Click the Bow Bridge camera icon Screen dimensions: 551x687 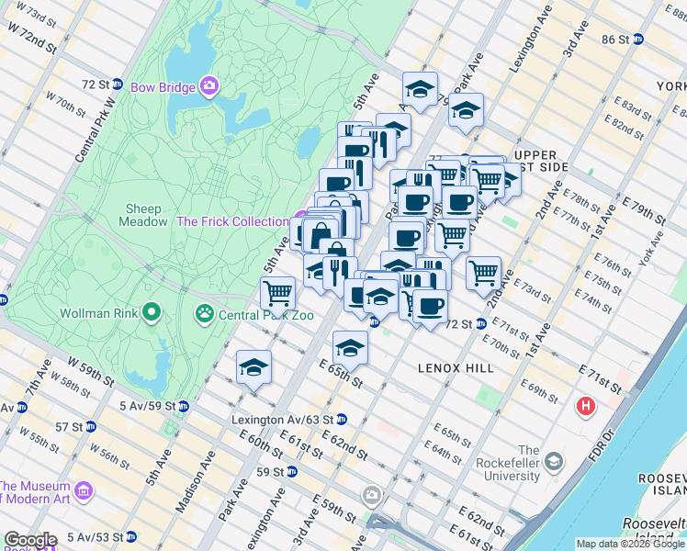coord(210,87)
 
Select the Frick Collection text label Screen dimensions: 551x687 coord(232,221)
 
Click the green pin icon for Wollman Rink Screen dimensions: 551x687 coord(152,313)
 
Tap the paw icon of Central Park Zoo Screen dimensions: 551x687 coord(203,315)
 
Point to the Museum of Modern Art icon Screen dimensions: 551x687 coord(84,492)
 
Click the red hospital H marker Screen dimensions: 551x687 coord(584,405)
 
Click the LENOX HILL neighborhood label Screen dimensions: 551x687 coord(456,368)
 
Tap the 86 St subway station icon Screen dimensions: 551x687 coord(637,39)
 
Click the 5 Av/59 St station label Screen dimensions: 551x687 coord(147,405)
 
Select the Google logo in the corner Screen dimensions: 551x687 coord(30,540)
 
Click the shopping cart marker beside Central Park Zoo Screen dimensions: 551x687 coord(277,295)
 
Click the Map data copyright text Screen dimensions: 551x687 coord(630,544)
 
